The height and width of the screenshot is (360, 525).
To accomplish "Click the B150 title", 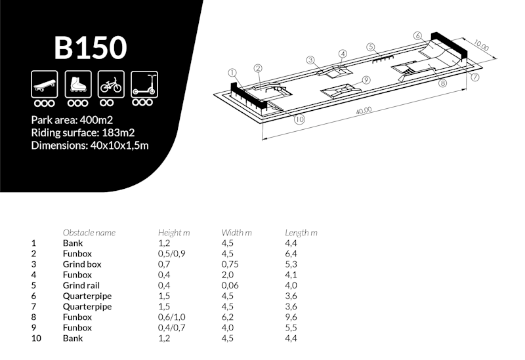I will (x=90, y=48).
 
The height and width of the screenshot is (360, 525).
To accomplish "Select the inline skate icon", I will (x=77, y=85).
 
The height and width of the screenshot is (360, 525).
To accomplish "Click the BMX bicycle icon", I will (x=110, y=85).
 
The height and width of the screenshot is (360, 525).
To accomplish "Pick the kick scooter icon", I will (x=143, y=85).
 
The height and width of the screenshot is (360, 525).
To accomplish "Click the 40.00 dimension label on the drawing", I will (x=364, y=111).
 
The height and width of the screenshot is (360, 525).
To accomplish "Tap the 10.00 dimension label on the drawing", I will (x=481, y=47).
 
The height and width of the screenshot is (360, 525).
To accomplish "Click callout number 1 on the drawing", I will (x=232, y=72).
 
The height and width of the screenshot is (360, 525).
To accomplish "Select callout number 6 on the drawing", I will (x=417, y=35).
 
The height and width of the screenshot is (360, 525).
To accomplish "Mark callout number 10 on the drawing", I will (x=299, y=119).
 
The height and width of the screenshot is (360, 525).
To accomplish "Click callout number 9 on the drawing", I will (x=366, y=80).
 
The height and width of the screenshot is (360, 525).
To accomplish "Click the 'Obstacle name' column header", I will (x=89, y=233).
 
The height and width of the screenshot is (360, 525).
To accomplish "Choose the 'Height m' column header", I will (x=174, y=233).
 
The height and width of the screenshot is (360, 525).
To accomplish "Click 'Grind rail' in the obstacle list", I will (x=82, y=285).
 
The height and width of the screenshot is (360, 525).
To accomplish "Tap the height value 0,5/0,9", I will (x=172, y=254).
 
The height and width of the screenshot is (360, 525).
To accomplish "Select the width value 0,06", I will (x=232, y=285).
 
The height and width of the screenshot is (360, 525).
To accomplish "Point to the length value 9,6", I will (x=291, y=317).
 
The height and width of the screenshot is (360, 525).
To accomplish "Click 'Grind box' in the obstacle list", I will (x=82, y=264).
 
